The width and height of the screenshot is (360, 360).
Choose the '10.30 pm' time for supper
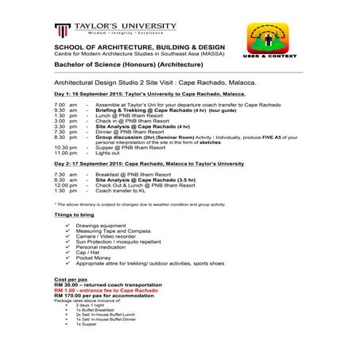tap(66, 146)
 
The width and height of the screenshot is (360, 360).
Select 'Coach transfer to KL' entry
tap(122, 191)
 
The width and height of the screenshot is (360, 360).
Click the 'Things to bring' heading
tap(76, 216)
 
